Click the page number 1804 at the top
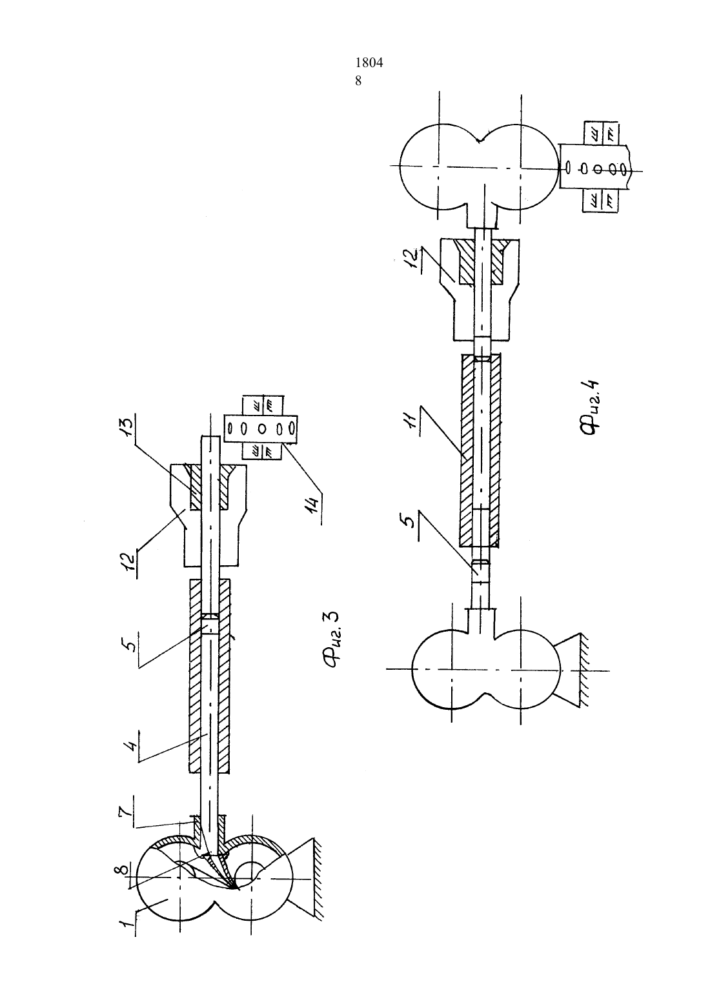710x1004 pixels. (x=369, y=63)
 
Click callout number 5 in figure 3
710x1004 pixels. (x=130, y=634)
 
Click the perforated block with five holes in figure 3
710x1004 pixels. (x=261, y=429)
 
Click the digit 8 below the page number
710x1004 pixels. (x=358, y=81)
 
